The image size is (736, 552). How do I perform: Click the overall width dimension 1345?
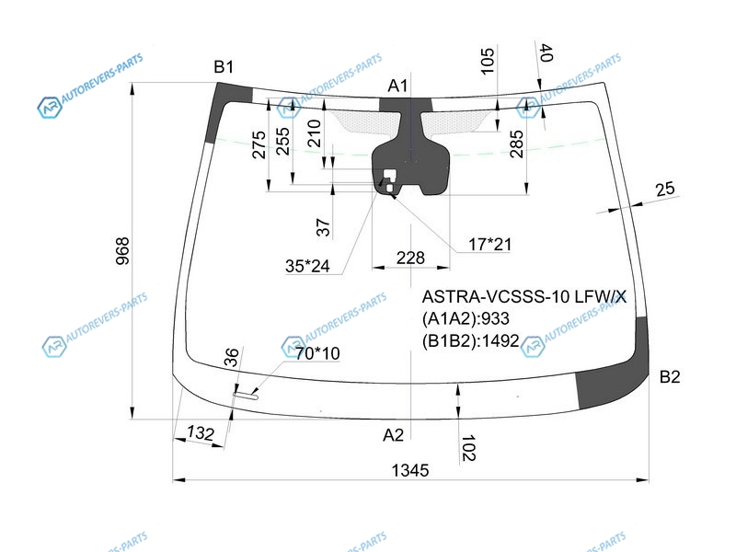click(410, 470)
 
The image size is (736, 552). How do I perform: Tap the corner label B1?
click(224, 67)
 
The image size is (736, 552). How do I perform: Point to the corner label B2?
click(669, 376)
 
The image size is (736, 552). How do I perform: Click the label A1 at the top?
click(397, 86)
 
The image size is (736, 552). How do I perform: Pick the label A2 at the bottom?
click(394, 434)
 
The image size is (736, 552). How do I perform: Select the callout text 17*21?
click(488, 245)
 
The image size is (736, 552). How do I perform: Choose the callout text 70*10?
click(316, 352)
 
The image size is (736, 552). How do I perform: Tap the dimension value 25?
click(665, 190)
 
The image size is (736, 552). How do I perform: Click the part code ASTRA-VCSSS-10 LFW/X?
click(523, 297)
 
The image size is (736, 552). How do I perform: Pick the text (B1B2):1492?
click(470, 340)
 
